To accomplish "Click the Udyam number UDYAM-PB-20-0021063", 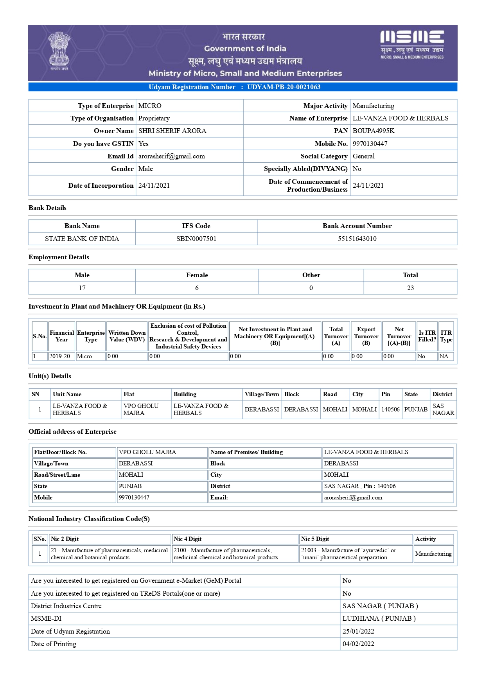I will click(284, 87).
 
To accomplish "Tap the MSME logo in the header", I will click(412, 44).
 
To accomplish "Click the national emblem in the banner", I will click(59, 51).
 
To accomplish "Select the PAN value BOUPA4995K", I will click(374, 131).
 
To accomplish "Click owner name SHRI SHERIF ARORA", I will click(172, 131).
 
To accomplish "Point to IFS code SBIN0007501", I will click(196, 239).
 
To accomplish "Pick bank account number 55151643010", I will click(357, 239).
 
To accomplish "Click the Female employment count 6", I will click(197, 288).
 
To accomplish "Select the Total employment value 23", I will click(410, 288).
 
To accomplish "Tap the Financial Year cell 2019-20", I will click(60, 356).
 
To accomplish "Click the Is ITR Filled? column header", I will click(427, 336).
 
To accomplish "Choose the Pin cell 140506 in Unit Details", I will click(390, 409).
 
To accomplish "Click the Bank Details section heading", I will click(47, 208).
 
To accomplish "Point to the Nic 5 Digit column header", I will click(315, 539).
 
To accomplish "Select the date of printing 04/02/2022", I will click(358, 644).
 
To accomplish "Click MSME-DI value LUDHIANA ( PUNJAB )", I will click(379, 618).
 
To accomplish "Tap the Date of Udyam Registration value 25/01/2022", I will click(358, 631).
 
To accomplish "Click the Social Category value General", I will click(363, 156).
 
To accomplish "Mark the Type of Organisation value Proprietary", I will click(154, 118).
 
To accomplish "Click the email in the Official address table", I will click(353, 497).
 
